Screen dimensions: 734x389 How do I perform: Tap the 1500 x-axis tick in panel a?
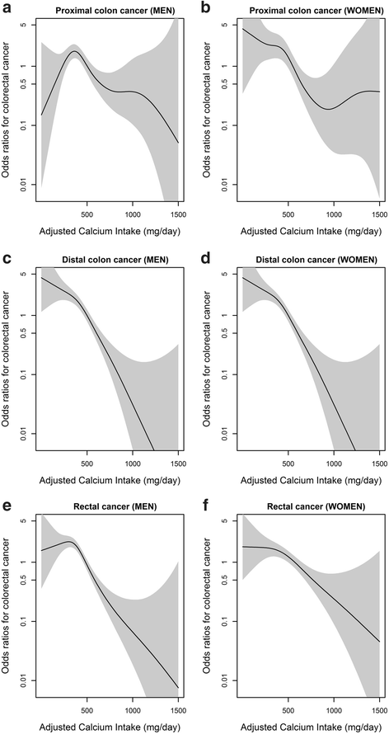177,211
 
